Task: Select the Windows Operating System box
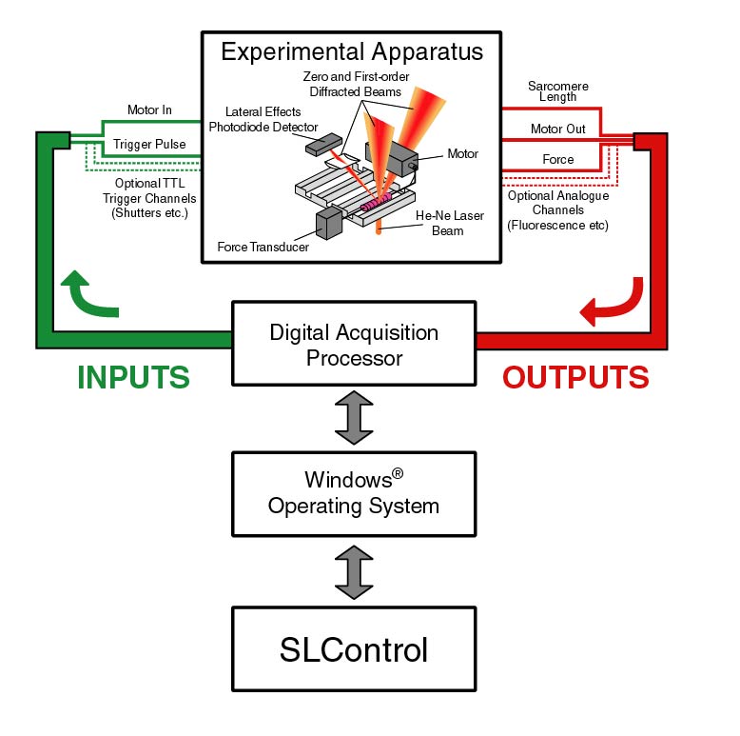[x=353, y=492]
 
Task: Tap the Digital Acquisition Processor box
[x=353, y=345]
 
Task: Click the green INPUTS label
[x=133, y=377]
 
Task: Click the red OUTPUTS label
[x=575, y=377]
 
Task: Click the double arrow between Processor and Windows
[x=353, y=417]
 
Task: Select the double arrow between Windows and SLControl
[x=353, y=572]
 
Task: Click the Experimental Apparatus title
[x=353, y=50]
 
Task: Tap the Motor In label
[x=149, y=110]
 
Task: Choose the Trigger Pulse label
[x=149, y=146]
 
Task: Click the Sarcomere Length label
[x=557, y=91]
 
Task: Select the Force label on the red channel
[x=557, y=159]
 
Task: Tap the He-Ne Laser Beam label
[x=449, y=223]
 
